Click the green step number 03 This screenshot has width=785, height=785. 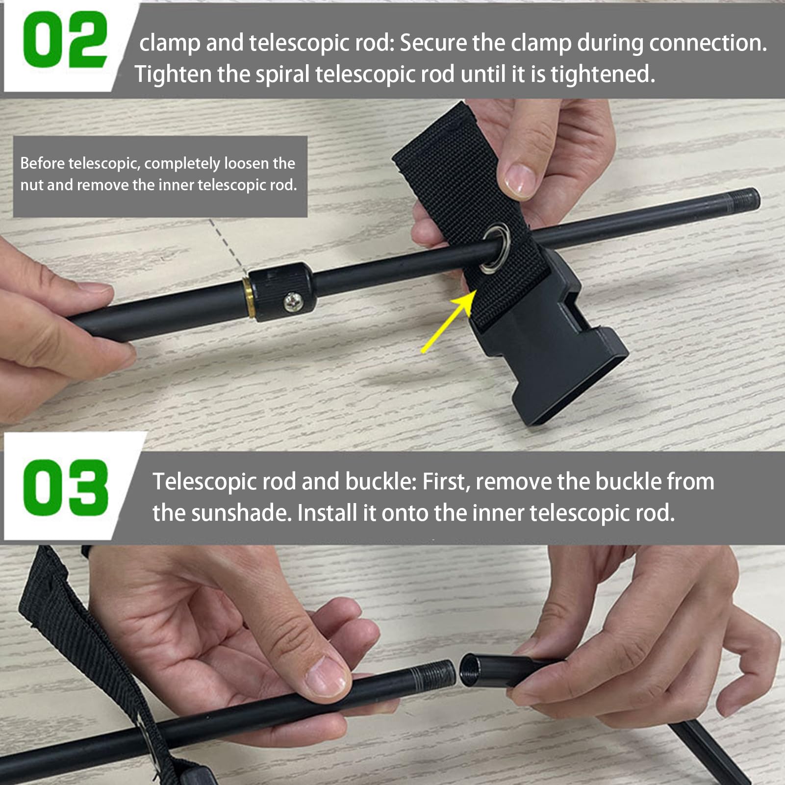pyautogui.click(x=66, y=487)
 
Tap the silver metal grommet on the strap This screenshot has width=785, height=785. pyautogui.click(x=495, y=248)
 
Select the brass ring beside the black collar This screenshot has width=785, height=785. pyautogui.click(x=249, y=298)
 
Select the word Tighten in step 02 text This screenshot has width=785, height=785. pyautogui.click(x=173, y=75)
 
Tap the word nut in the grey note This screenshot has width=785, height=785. pyautogui.click(x=32, y=185)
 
